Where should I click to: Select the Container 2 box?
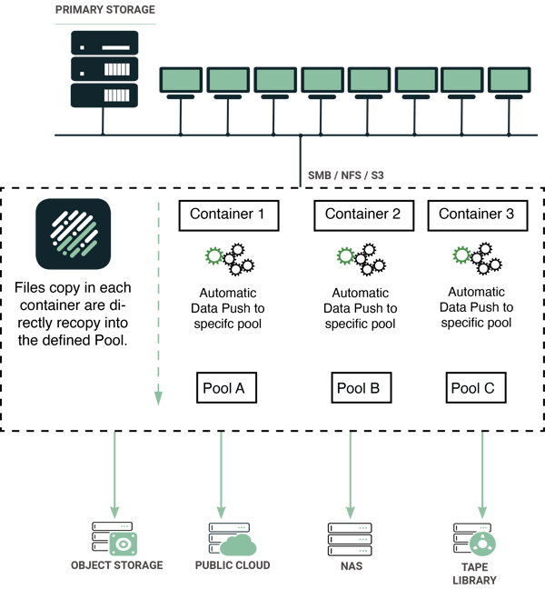(x=362, y=215)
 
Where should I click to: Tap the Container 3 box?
(x=476, y=215)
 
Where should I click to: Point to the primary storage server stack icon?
(x=104, y=69)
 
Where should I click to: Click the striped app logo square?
(x=74, y=234)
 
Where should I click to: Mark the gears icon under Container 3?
(x=476, y=260)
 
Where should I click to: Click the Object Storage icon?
(x=114, y=539)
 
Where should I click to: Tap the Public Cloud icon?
(x=228, y=540)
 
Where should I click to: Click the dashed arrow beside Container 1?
(x=158, y=300)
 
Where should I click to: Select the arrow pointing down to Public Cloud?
(x=221, y=473)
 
